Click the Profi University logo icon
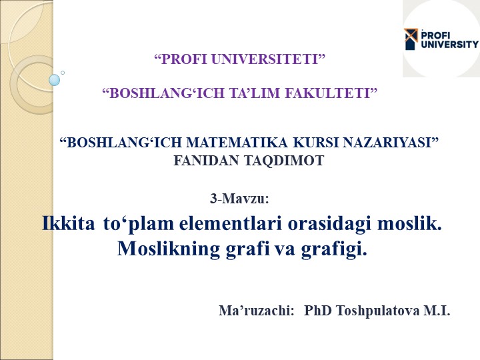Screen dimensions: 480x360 click(x=411, y=39)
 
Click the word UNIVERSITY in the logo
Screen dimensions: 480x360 click(x=450, y=44)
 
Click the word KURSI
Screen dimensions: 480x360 click(x=315, y=143)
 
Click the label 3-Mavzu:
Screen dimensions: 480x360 click(x=239, y=199)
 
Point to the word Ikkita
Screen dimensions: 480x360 click(x=69, y=223)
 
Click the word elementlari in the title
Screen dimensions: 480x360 click(x=230, y=224)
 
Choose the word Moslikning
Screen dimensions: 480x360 click(x=169, y=249)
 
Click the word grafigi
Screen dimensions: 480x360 click(x=334, y=249)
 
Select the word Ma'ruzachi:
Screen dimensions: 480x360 click(x=257, y=311)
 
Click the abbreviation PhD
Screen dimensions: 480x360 click(x=318, y=311)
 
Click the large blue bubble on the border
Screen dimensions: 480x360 click(x=55, y=80)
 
